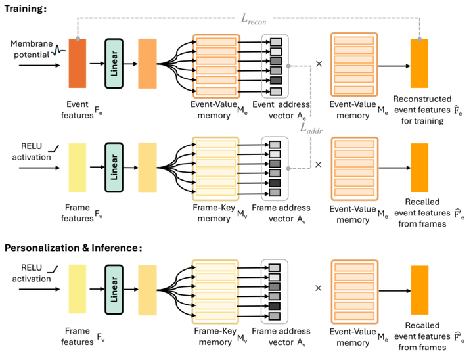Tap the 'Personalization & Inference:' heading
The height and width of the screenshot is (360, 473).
tap(74, 248)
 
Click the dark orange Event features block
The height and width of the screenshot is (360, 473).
tap(77, 63)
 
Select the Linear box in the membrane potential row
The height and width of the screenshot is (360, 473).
tap(115, 63)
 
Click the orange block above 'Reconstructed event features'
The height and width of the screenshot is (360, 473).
tap(419, 63)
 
